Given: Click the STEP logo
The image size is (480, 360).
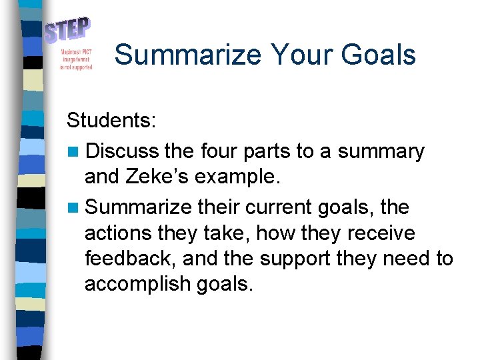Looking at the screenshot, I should pos(67,30).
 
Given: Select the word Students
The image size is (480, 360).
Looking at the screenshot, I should pos(111,121).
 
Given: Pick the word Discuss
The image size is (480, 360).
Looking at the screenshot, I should pos(123,151).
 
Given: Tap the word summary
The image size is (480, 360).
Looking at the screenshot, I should pos(381,152).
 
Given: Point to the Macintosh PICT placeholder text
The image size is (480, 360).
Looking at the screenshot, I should pos(76,59).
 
